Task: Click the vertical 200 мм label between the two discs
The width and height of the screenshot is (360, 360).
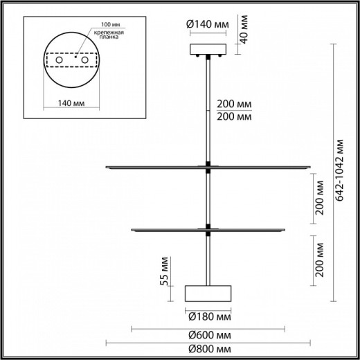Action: (x=319, y=199)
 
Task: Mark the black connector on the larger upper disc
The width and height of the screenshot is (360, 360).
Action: (x=207, y=165)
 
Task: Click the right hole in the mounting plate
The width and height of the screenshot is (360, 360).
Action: (x=86, y=62)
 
